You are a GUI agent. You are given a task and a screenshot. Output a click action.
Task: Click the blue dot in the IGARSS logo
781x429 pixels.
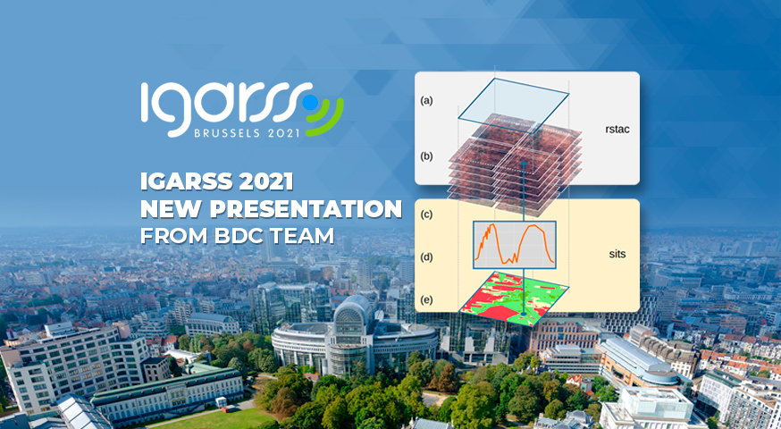(x=310, y=102)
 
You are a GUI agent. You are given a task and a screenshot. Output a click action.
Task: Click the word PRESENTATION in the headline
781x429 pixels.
(x=306, y=210)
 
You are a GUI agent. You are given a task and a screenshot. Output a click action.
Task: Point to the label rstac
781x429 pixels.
(x=617, y=130)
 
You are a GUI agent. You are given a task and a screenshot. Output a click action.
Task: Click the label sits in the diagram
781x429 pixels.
(x=617, y=254)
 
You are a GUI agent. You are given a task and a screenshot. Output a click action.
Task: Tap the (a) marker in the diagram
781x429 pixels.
(x=426, y=101)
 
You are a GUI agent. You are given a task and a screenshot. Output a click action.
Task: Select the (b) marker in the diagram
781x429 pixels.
(x=426, y=156)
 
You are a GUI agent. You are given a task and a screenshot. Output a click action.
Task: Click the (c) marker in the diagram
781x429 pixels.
(x=426, y=214)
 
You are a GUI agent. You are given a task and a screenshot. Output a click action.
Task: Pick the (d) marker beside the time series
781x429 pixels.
(x=426, y=257)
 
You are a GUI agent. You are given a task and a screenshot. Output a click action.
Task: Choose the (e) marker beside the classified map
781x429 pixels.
(x=426, y=300)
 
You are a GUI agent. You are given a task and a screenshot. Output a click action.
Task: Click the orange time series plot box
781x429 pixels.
(x=515, y=245)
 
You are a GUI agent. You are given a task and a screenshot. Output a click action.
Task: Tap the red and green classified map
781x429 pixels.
(x=513, y=298)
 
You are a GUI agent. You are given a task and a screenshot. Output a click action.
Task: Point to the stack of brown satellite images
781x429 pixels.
(x=515, y=164)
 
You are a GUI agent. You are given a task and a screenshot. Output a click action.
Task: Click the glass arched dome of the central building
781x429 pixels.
(x=353, y=313)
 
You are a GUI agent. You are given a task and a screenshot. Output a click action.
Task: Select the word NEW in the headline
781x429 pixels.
(x=172, y=210)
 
